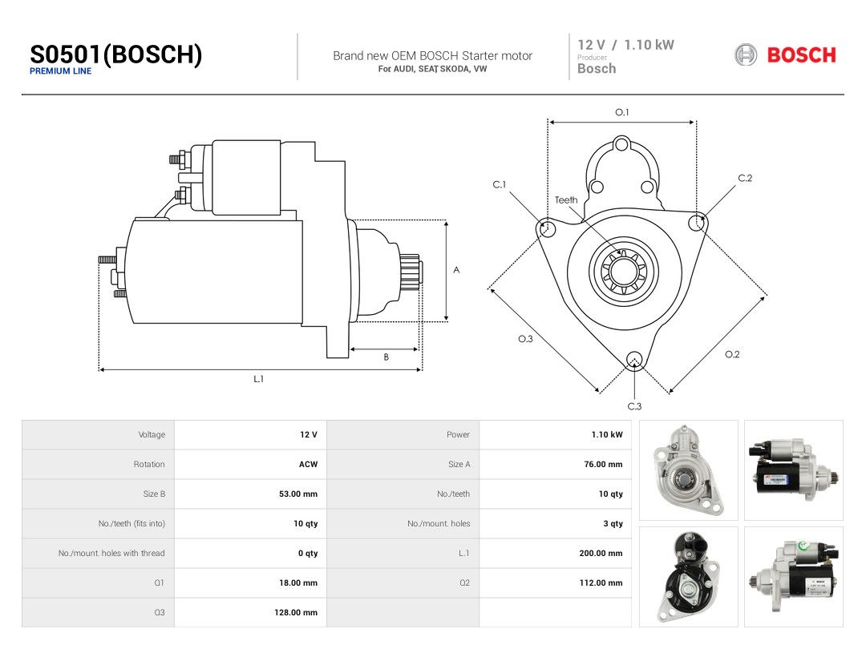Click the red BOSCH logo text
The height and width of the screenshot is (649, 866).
point(801,55)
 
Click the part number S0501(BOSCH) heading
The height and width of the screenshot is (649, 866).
point(116,54)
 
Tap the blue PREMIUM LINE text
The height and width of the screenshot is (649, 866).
point(60,71)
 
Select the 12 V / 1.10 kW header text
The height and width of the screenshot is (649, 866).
point(625,45)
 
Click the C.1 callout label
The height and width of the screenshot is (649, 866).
point(500,184)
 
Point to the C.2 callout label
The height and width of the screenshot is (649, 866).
point(745,178)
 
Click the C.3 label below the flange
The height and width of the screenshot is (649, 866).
point(634,406)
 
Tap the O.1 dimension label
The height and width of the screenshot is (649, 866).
point(622,112)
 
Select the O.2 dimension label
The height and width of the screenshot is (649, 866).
point(732,354)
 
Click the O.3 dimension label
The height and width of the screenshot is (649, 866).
point(525,339)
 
